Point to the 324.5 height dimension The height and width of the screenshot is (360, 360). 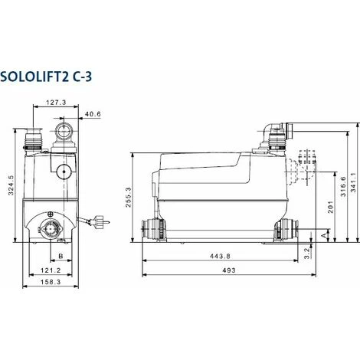(11, 184)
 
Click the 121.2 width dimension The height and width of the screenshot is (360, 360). (50, 270)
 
